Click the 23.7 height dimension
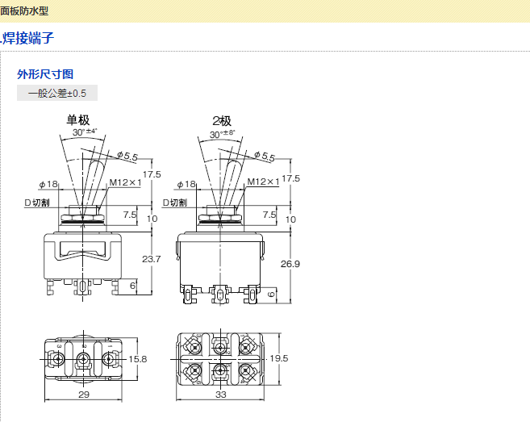[x=151, y=259]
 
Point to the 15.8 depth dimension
[x=138, y=358]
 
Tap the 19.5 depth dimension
[x=279, y=358]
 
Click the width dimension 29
[x=83, y=395]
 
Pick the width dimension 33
[x=221, y=395]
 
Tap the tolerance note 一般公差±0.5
[x=56, y=93]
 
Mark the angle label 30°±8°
[x=222, y=134]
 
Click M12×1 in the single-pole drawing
[x=125, y=182]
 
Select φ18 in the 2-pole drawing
[x=186, y=184]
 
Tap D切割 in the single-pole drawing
[x=37, y=203]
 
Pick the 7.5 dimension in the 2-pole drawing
[x=269, y=214]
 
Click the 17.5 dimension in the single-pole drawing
[x=152, y=175]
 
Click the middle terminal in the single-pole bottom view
[x=82, y=357]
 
